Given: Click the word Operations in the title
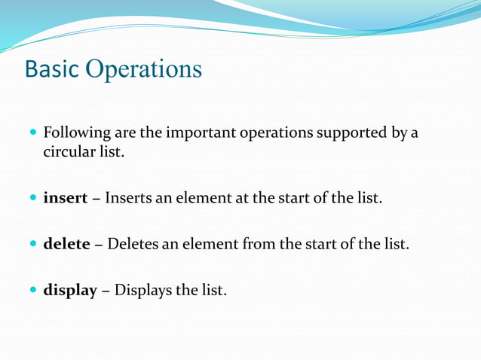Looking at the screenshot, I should click(144, 69).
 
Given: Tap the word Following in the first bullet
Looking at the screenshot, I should click(77, 133).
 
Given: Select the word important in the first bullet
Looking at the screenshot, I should click(201, 133).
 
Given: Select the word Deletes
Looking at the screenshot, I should click(136, 243).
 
